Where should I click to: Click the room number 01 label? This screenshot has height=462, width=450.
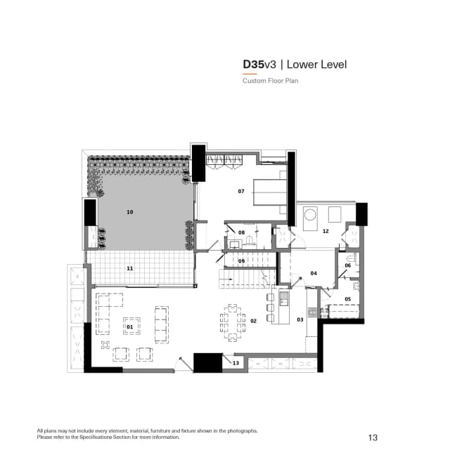pyautogui.click(x=129, y=327)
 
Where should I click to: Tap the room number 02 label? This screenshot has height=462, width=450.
pyautogui.click(x=253, y=321)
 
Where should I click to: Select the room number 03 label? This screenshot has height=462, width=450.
pyautogui.click(x=300, y=319)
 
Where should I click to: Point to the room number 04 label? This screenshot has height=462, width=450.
pyautogui.click(x=313, y=273)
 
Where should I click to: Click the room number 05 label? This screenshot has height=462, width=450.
pyautogui.click(x=347, y=299)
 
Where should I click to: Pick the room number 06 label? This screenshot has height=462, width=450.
pyautogui.click(x=347, y=265)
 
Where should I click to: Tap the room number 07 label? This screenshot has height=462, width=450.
pyautogui.click(x=240, y=191)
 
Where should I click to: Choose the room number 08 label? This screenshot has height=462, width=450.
pyautogui.click(x=241, y=232)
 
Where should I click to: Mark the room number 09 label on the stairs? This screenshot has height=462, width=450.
pyautogui.click(x=241, y=261)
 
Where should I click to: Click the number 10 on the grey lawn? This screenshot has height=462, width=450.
pyautogui.click(x=129, y=211)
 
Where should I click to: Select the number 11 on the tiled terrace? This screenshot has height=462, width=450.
pyautogui.click(x=129, y=268)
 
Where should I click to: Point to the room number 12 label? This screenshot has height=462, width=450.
pyautogui.click(x=326, y=231)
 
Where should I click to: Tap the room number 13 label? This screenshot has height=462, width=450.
pyautogui.click(x=236, y=363)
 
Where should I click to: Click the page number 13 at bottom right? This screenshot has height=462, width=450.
pyautogui.click(x=373, y=438)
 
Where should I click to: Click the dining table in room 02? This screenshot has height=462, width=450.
pyautogui.click(x=233, y=321)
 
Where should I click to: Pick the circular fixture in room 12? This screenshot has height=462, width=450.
pyautogui.click(x=309, y=214)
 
